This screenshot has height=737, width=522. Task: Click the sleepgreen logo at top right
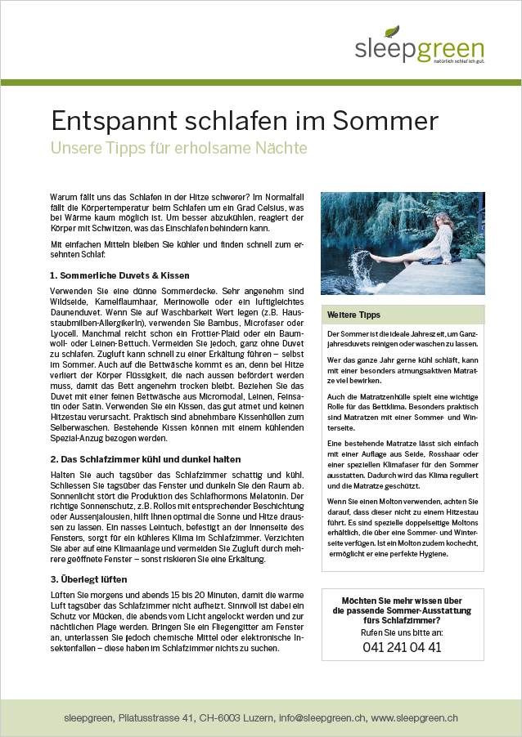pyautogui.click(x=419, y=48)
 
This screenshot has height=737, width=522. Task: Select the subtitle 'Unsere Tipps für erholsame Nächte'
pyautogui.click(x=178, y=149)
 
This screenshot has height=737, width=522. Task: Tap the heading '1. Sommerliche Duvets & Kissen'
pyautogui.click(x=119, y=275)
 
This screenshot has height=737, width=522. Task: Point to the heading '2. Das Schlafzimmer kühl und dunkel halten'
pyautogui.click(x=145, y=459)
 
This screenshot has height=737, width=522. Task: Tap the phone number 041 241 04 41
pyautogui.click(x=402, y=647)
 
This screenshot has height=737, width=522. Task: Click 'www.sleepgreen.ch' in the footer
pyautogui.click(x=414, y=717)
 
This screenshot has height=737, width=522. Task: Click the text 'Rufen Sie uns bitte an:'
pyautogui.click(x=402, y=632)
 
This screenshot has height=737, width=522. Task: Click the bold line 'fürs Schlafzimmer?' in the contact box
pyautogui.click(x=402, y=619)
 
